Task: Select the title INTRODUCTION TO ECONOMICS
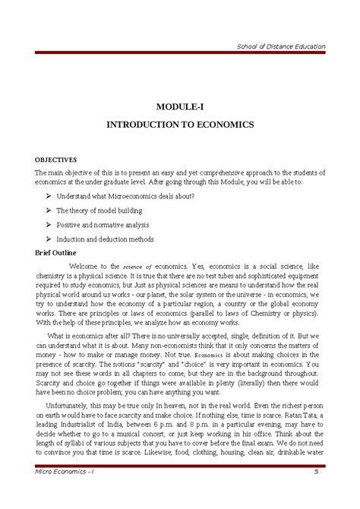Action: (x=180, y=123)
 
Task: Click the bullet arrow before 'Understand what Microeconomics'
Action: (x=49, y=197)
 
